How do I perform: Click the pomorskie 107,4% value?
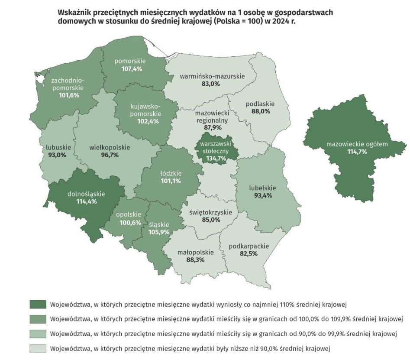coord(129,69)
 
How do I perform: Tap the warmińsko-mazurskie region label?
coord(212,76)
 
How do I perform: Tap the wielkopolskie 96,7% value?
coord(110,155)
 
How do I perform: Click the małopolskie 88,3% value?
coord(196,259)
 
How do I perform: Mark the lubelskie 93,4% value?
coord(263,196)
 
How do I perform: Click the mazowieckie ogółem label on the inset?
coord(357,144)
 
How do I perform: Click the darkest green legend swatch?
coord(38,303)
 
